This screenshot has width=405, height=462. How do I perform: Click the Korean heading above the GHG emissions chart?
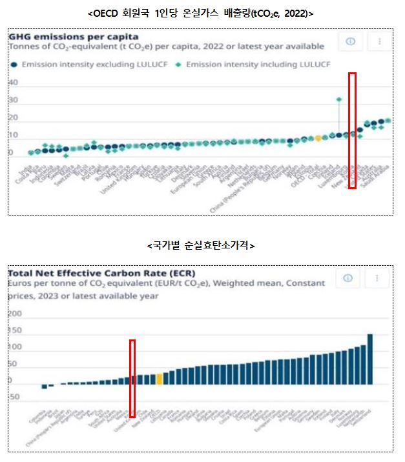tap(201, 13)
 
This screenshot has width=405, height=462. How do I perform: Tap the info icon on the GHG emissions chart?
tap(351, 41)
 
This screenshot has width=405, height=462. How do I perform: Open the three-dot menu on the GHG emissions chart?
tap(379, 41)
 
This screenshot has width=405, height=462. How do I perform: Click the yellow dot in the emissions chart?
tap(318, 138)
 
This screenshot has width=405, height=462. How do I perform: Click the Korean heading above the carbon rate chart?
tap(201, 246)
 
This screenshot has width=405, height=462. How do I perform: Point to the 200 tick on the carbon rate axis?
tap(14, 314)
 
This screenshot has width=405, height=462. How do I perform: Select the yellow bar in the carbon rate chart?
tap(159, 379)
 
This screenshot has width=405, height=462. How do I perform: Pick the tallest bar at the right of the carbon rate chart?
tap(370, 359)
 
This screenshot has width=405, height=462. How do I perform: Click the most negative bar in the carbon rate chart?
tap(44, 387)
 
